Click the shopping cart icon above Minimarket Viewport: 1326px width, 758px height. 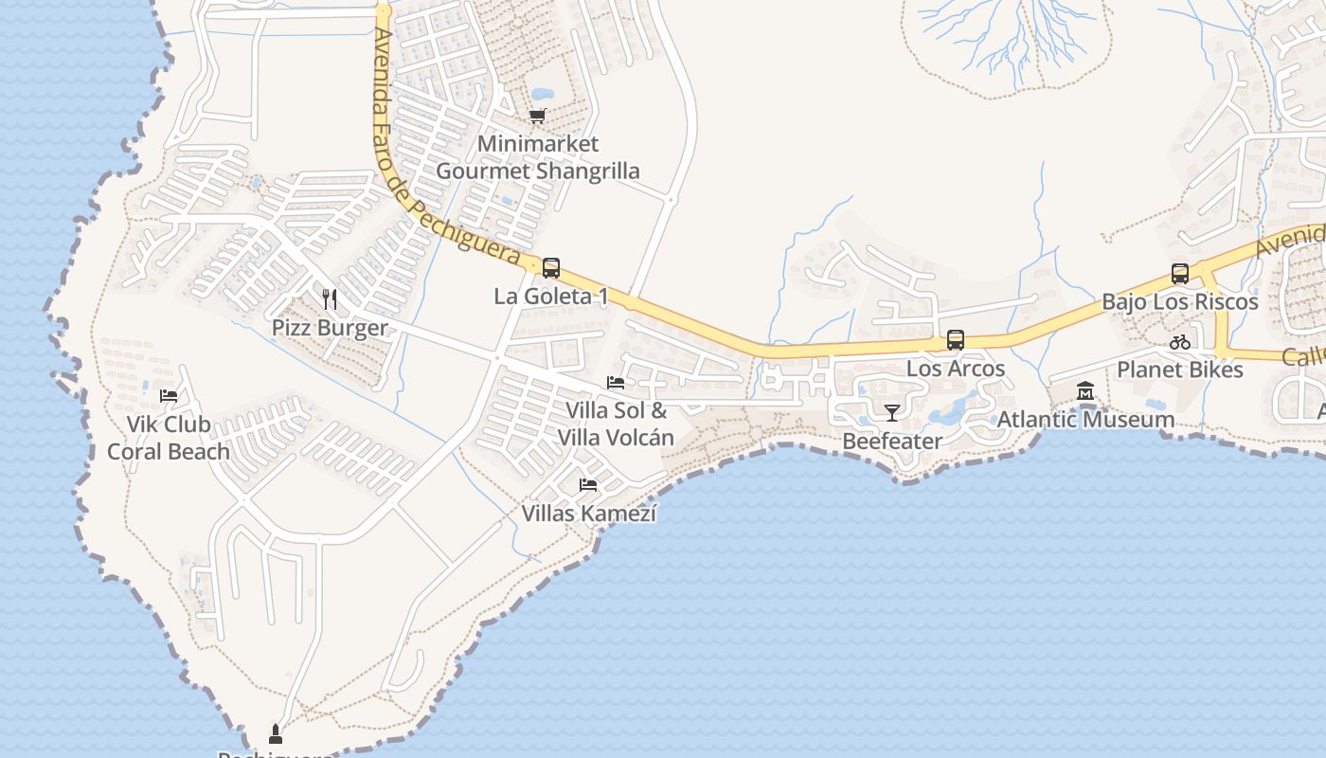point(538,117)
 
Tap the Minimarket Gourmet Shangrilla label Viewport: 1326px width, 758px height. point(537,158)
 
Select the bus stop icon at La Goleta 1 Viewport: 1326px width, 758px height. point(550,268)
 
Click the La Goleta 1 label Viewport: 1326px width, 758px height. point(550,297)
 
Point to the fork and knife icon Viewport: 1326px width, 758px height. point(330,299)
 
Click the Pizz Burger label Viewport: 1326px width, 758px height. point(330,329)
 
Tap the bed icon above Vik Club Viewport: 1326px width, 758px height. point(169,396)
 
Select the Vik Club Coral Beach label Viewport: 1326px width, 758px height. point(169,438)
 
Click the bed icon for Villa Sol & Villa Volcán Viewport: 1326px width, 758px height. point(616,383)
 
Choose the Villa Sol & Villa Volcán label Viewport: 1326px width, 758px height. point(616,424)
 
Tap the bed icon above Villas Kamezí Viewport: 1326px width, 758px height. point(588,485)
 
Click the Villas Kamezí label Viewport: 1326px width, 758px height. point(588,514)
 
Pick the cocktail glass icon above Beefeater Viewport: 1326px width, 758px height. point(891,412)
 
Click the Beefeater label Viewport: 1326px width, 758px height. point(891,442)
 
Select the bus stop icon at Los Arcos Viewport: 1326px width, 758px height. point(955,340)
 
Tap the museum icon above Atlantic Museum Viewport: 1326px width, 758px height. point(1085,390)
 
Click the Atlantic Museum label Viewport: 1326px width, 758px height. point(1085,419)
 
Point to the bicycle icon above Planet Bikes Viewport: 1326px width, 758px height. point(1179,342)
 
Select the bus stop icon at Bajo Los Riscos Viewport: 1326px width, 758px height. point(1179,274)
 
